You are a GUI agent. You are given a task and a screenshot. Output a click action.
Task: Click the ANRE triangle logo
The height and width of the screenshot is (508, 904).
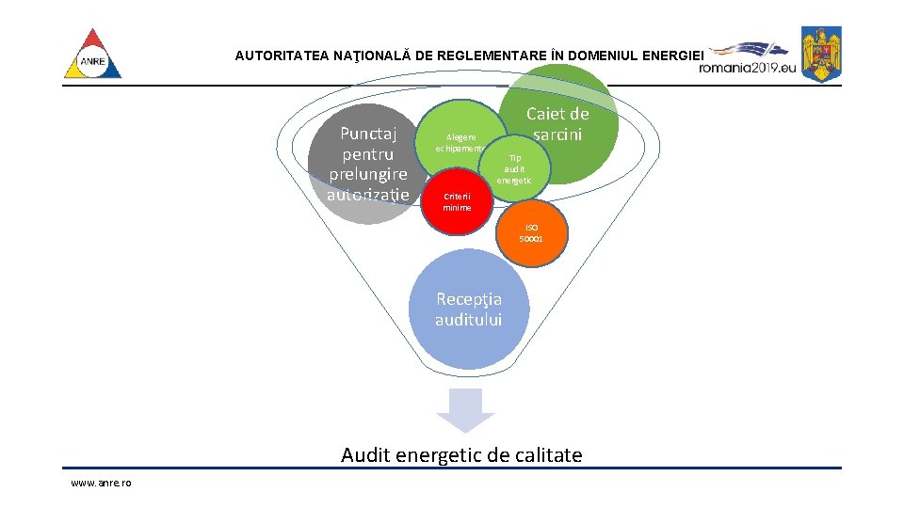92,56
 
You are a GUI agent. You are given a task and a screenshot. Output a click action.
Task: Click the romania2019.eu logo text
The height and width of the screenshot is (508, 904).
748,67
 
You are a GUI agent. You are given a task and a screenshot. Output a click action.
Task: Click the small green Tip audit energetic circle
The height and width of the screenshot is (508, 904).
515,168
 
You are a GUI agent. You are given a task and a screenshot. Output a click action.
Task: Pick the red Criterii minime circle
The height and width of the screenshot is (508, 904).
459,201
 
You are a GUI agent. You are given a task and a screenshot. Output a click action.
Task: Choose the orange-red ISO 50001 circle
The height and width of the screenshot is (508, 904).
532,232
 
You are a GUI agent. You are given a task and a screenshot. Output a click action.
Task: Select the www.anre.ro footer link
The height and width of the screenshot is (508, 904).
101,483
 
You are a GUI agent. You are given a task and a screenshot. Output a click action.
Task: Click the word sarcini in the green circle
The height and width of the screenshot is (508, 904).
557,135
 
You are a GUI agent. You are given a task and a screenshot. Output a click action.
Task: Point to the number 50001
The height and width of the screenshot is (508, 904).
531,239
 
